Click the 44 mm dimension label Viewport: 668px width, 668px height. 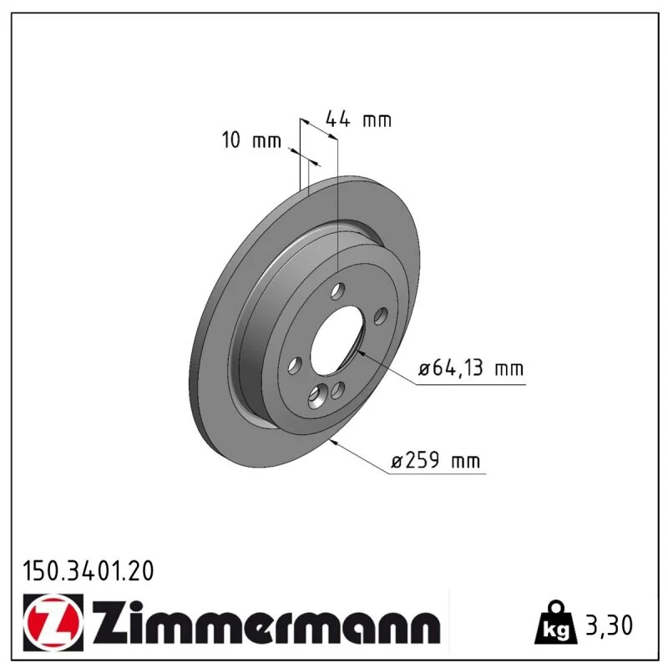pos(358,119)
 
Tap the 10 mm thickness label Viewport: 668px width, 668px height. pos(251,139)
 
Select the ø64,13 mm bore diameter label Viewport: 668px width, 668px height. pos(471,368)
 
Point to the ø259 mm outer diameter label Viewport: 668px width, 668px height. pos(435,460)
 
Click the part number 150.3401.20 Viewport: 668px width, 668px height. pos(89,571)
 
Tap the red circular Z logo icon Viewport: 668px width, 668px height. pos(53,622)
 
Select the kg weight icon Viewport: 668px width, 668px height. pos(556,623)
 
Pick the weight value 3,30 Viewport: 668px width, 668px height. pos(610,625)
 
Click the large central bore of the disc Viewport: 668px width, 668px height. pos(337,340)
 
